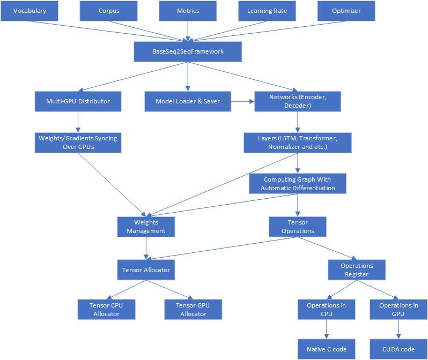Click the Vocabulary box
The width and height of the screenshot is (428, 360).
coord(29,11)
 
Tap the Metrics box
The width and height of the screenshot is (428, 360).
coord(188,11)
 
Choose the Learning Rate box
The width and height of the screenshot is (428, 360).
coord(267,11)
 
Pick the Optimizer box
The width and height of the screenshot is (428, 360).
coord(346,11)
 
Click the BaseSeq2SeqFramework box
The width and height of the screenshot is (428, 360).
coord(187,52)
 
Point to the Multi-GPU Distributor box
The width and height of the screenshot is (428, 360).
coord(78,101)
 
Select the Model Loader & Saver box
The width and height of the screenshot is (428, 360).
coord(188,101)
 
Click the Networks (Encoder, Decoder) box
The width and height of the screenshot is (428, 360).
coord(298,101)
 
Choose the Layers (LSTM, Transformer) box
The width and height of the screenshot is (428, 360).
coord(298,142)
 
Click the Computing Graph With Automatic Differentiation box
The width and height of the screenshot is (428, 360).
coord(298,184)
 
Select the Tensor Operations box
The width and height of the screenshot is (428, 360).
coord(297,226)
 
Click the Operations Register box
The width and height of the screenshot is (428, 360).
coord(357,269)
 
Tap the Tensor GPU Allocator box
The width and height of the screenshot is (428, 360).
coord(193,309)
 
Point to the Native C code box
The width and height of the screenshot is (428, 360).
coord(327,349)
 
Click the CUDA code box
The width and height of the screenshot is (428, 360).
coord(397,349)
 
